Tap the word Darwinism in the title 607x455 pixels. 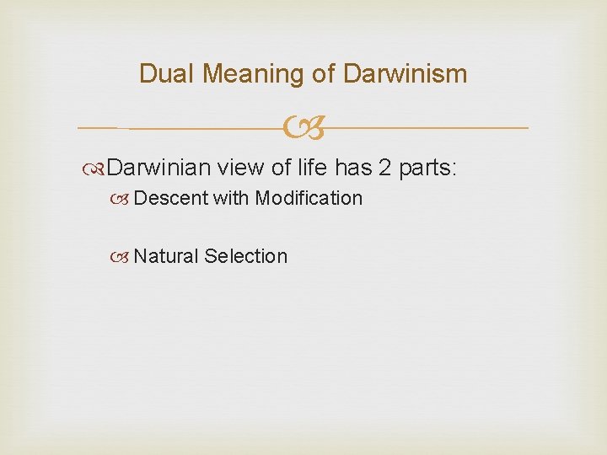coord(406,74)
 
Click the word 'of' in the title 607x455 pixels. coord(324,74)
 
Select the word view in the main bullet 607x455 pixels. coord(240,168)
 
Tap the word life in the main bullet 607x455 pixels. coord(310,168)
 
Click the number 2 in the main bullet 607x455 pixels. coord(384,168)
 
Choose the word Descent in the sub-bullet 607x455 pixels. coord(171,199)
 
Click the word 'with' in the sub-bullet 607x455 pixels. coord(231,199)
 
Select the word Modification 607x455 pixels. coord(309,199)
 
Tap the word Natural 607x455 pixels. coord(166,256)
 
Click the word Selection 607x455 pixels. coord(245,256)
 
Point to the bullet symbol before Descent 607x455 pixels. coord(124,200)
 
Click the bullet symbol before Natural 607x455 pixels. coord(124,257)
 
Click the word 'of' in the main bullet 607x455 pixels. coord(281,168)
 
